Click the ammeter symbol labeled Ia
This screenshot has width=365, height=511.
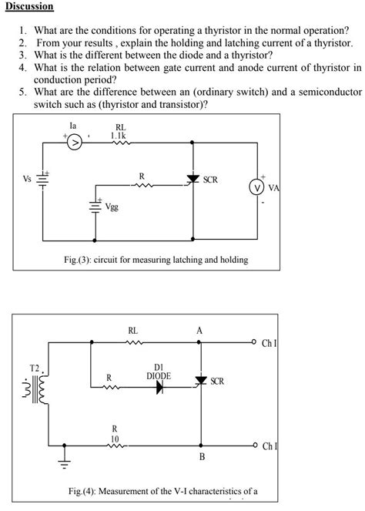75,143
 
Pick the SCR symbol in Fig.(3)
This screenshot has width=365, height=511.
193,180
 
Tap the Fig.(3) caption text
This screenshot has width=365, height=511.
156,260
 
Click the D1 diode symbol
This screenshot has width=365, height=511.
160,388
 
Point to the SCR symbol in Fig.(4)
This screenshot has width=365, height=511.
202,381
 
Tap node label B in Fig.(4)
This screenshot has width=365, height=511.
203,457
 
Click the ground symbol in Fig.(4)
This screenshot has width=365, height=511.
65,465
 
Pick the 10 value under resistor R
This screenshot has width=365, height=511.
115,437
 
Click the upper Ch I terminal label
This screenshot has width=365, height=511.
270,342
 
